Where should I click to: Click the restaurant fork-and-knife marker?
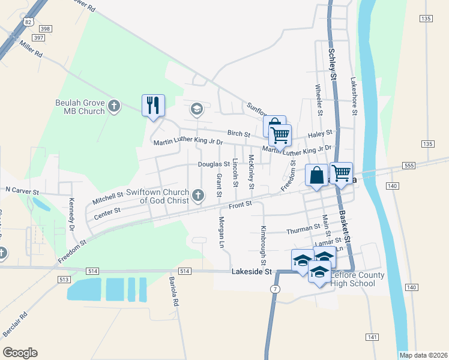click(x=152, y=106)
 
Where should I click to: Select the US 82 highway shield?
click(x=29, y=22)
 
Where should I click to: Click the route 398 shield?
click(x=43, y=28)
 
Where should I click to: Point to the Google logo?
click(x=20, y=353)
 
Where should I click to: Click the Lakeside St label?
click(x=252, y=272)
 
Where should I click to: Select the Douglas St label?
click(x=214, y=164)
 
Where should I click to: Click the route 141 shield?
click(x=372, y=337)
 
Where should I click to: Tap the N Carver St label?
click(x=22, y=190)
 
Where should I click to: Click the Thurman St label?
click(x=303, y=228)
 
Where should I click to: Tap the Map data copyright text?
click(x=423, y=355)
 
